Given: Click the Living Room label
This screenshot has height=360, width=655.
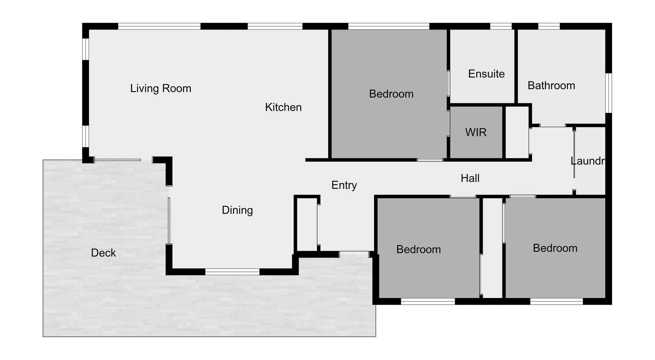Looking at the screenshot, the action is pos(160,88).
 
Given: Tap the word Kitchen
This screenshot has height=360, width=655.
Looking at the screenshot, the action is pos(283,107).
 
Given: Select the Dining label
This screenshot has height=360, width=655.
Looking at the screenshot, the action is pos(237,210).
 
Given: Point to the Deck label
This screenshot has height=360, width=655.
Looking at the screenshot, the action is pos(103,253).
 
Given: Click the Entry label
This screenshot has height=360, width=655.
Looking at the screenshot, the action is pos(344,185).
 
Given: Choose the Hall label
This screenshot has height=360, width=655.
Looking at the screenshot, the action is pos(470,178).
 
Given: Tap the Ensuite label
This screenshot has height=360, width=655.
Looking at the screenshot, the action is pos(486,74).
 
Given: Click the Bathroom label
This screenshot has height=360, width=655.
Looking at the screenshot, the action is pos(551,85).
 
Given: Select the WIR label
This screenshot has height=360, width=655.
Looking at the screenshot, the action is pos(476,132).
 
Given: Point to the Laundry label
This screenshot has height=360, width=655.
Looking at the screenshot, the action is pos(588,161).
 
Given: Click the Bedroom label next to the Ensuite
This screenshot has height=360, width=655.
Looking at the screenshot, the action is pos(391,94).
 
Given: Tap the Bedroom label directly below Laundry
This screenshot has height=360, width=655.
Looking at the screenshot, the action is pos(555,248).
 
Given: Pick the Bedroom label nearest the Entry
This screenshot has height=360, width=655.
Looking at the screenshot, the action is pos(419,249).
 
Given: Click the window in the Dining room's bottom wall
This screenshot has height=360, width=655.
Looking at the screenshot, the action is pos(232,272).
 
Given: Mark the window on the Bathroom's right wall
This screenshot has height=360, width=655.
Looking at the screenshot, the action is pos(608,93).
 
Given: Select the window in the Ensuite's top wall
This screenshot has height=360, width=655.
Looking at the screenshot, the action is pos(501,26).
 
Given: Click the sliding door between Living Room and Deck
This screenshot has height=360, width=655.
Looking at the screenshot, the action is pos(118,160).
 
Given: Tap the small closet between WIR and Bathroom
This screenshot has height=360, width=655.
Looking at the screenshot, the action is pos(517,132).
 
